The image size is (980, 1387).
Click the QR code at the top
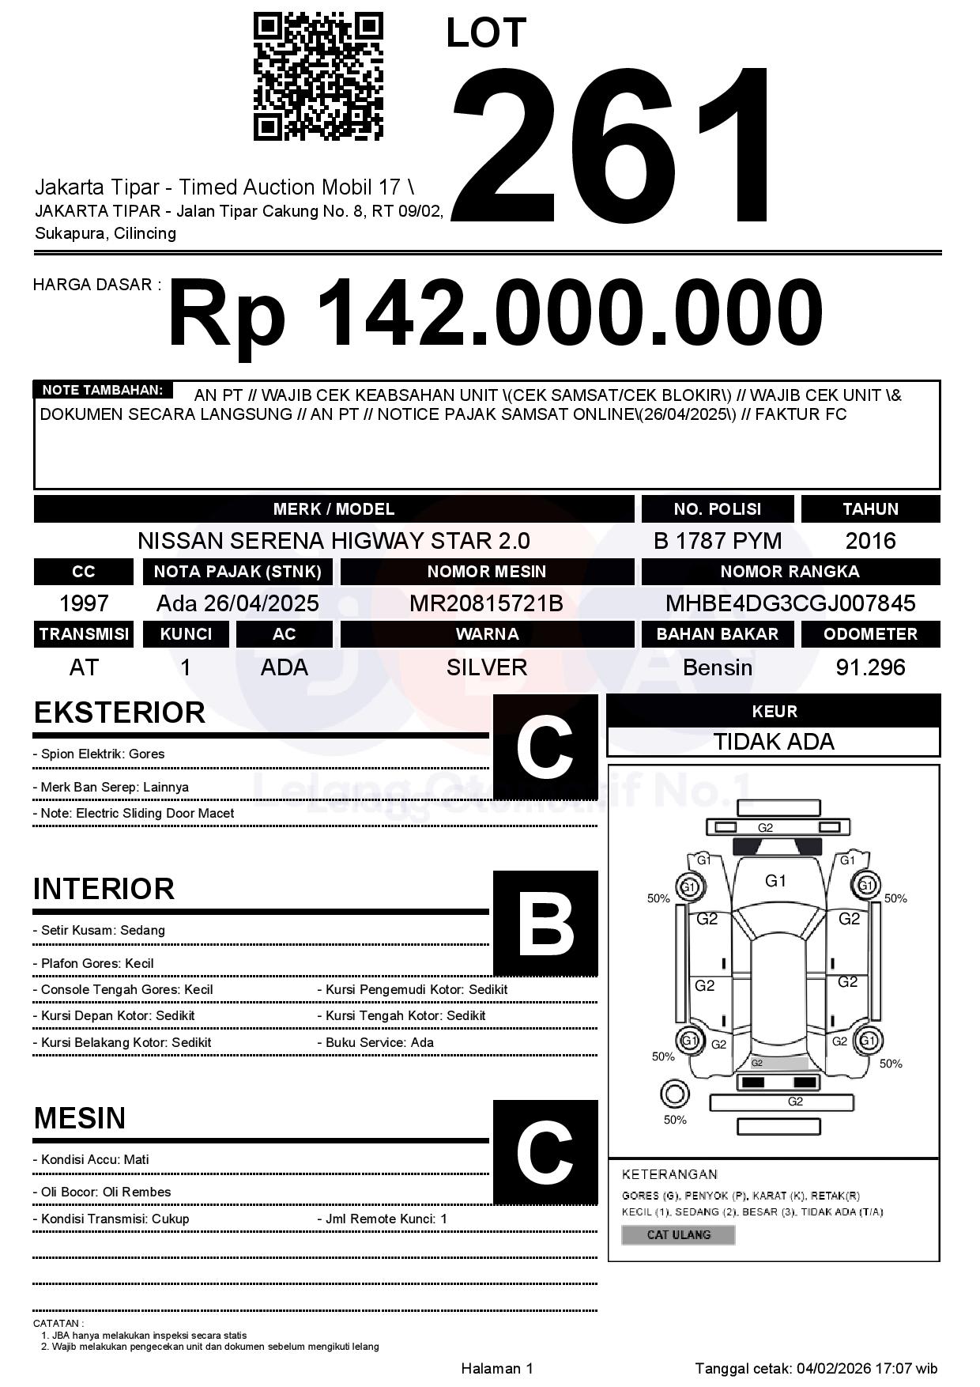(x=318, y=77)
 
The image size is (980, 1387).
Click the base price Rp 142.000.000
(x=496, y=313)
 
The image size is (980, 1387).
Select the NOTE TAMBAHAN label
(x=102, y=390)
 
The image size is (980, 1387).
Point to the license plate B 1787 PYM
(x=717, y=541)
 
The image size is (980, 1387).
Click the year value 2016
(x=870, y=541)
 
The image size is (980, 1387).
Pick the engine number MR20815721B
(x=486, y=604)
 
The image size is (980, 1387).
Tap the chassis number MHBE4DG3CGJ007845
(x=790, y=604)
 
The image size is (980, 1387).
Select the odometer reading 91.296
(x=870, y=667)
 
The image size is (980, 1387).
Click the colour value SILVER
(x=486, y=667)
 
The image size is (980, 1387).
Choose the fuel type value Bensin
(x=717, y=667)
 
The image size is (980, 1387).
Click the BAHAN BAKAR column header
(x=717, y=634)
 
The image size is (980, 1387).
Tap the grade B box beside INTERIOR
(x=545, y=923)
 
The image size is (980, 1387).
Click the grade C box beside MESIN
(x=545, y=1152)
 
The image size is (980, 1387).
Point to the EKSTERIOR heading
(x=119, y=712)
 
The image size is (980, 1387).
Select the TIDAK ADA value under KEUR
(x=774, y=742)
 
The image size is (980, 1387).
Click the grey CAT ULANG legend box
(x=678, y=1234)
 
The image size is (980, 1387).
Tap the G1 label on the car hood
(x=775, y=881)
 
